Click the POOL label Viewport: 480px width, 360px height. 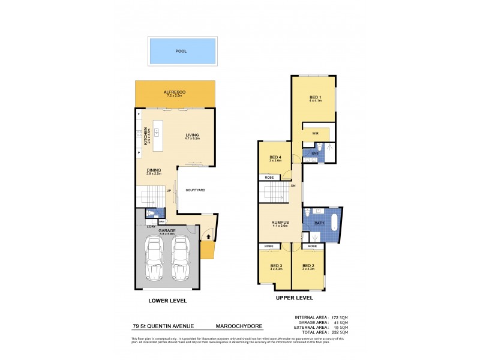click(181, 51)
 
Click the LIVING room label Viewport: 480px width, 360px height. click(192, 135)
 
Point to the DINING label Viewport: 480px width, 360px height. click(154, 170)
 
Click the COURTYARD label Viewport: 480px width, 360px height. click(196, 190)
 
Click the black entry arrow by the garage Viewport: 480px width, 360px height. click(208, 237)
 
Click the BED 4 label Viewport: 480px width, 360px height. click(275, 157)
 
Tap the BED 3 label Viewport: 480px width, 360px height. click(276, 265)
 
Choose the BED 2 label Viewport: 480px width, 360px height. click(308, 265)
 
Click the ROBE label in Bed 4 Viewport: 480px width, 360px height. click(269, 178)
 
